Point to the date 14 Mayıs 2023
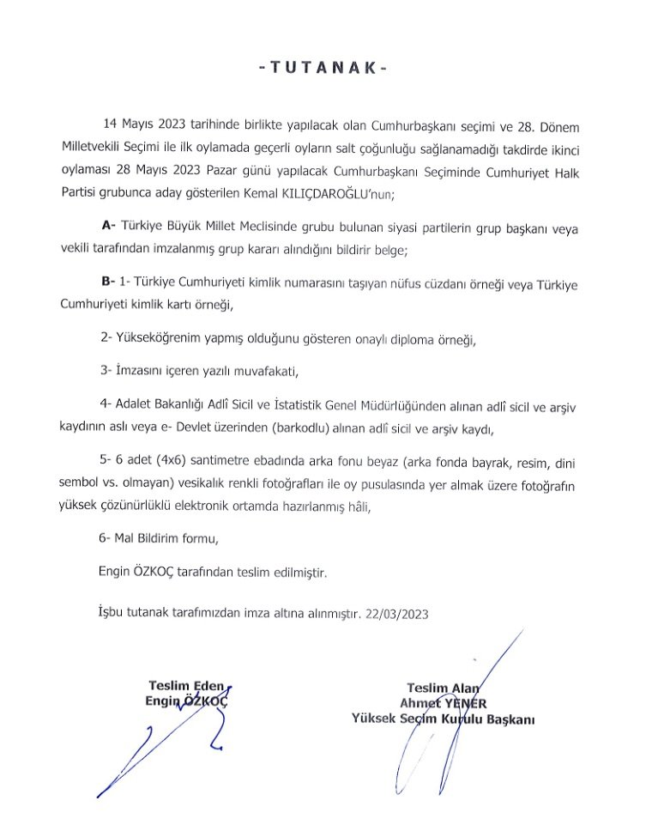tap(137, 126)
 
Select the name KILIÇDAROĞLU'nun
tap(342, 195)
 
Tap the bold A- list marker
tap(108, 225)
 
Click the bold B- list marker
tap(108, 280)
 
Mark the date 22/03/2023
tap(396, 614)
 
